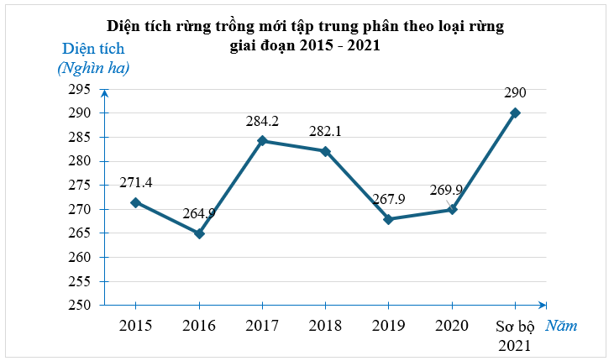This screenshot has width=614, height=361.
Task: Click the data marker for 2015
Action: (x=135, y=202)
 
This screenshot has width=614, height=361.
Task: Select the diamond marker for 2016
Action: (x=199, y=233)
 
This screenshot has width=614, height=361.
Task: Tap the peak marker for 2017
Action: (x=262, y=141)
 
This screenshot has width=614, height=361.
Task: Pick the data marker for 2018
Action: (x=325, y=151)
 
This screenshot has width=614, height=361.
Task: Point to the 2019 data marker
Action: (x=388, y=219)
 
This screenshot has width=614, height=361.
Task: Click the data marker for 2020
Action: (x=452, y=209)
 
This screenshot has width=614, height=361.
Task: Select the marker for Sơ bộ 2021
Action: (x=515, y=112)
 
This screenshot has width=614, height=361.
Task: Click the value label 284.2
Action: (x=262, y=122)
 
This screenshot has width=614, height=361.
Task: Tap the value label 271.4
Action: (x=135, y=182)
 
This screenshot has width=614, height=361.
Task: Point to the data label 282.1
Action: (x=325, y=132)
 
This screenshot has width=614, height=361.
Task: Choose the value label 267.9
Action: (x=388, y=199)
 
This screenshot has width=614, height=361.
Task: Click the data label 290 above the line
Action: (x=515, y=92)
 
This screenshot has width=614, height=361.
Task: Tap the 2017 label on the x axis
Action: (x=262, y=326)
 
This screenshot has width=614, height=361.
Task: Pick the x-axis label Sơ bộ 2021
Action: (x=515, y=335)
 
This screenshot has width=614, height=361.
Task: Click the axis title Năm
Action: (x=561, y=326)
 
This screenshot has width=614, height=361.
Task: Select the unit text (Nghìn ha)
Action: (x=93, y=69)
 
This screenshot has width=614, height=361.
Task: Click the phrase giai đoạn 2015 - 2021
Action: (x=305, y=46)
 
